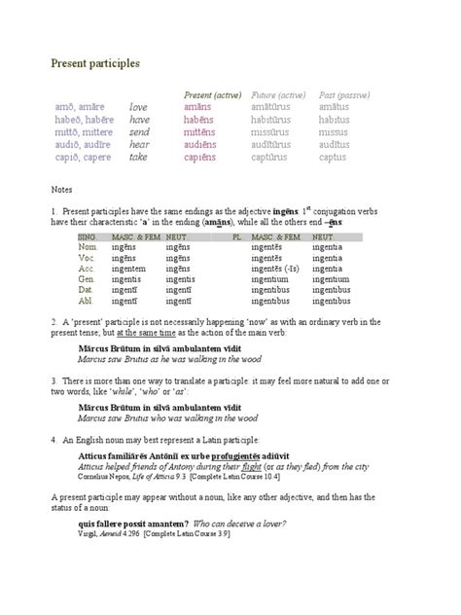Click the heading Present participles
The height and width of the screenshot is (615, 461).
point(95,63)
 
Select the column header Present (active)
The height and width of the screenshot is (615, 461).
point(213,94)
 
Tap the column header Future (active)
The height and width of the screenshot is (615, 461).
point(278,94)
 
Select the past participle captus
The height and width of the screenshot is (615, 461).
point(333,157)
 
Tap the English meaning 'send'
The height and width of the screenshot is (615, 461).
point(139,132)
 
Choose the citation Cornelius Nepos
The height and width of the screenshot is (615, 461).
point(106,478)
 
